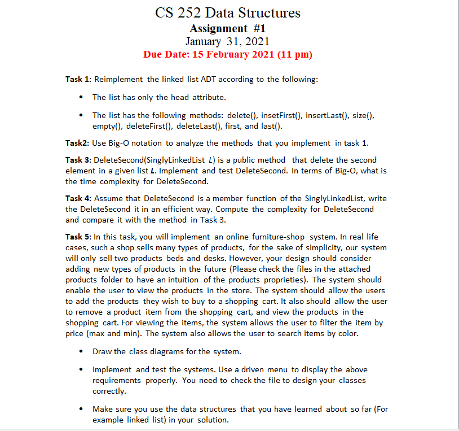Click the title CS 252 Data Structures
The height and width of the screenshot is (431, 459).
point(228,12)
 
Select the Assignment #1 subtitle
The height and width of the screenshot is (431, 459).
point(227,28)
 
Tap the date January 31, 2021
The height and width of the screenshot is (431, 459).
point(227,41)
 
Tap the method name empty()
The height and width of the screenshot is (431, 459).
point(106,125)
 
